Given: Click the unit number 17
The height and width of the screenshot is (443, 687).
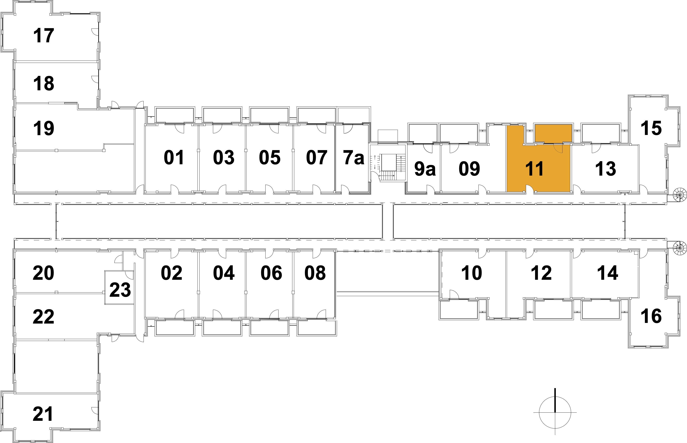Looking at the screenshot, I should coord(43,36).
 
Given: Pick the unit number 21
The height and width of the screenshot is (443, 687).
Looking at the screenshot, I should coord(43,414).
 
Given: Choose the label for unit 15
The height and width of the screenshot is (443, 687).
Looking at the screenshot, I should coord(651,128).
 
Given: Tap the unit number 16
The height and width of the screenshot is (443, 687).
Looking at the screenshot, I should coord(651,316).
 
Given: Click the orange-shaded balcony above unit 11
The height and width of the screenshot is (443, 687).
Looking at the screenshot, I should coord(553,133).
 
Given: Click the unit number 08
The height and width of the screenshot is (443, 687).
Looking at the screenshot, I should coord(315,273).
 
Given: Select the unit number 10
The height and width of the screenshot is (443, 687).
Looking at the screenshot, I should coord(471,273).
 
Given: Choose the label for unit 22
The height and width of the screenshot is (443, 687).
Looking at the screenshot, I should coord(43,317).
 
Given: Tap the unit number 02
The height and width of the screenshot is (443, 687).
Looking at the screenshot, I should coord(171,273).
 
